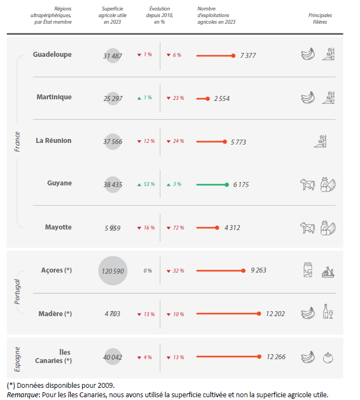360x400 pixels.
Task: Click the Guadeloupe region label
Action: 52,55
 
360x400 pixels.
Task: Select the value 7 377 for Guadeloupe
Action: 248,56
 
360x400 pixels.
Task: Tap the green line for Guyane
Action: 211,185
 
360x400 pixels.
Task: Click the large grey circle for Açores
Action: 113,271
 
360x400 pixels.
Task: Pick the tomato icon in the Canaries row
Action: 329,357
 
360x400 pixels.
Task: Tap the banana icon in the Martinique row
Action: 308,98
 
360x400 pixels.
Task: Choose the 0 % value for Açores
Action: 148,271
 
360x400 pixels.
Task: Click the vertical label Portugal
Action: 17,292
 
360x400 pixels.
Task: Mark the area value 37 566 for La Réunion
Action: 112,141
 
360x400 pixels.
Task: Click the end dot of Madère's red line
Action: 259,314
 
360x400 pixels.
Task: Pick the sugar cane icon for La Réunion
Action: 327,141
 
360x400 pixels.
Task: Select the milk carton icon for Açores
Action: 308,270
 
